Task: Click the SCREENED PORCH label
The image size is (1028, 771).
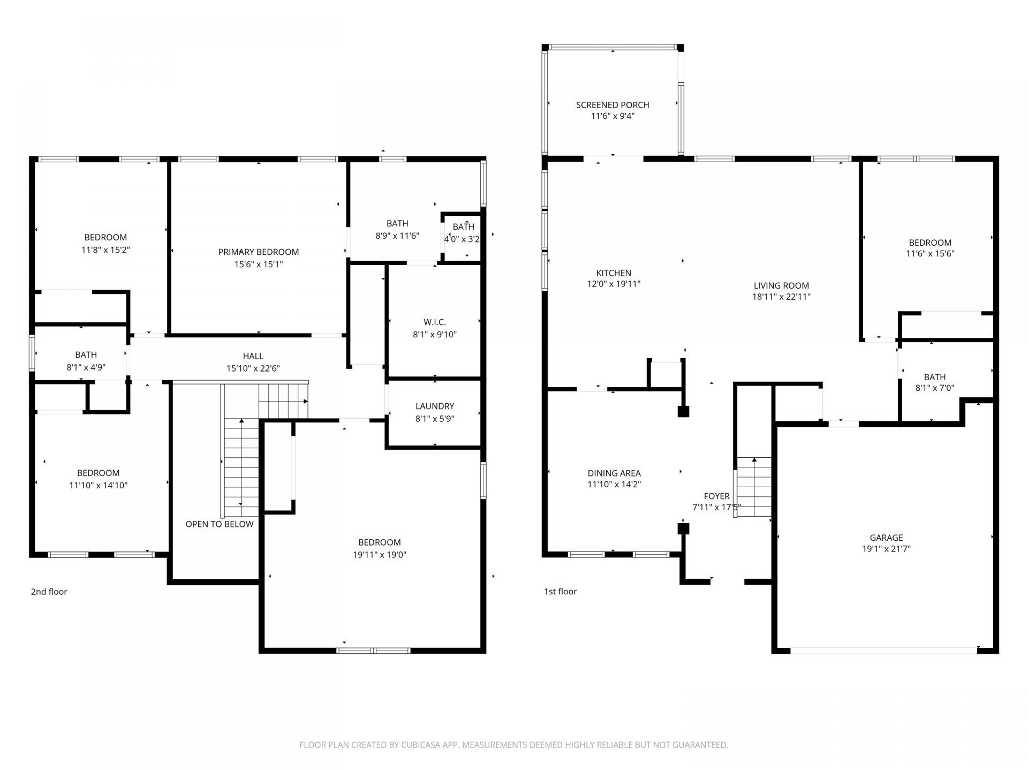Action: point(613,105)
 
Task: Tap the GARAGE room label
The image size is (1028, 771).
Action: point(886,538)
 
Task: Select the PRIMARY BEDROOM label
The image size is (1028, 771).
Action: point(258,252)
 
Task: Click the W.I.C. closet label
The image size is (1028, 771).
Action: point(434,322)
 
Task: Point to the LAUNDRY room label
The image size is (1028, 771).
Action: point(434,406)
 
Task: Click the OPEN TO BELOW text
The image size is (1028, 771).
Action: point(220,524)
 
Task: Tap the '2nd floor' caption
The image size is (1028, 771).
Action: point(49,592)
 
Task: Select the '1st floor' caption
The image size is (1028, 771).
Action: point(560,592)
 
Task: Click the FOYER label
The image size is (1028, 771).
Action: point(716,496)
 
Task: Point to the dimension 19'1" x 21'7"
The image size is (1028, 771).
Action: point(886,549)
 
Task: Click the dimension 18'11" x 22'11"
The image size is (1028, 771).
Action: point(781,297)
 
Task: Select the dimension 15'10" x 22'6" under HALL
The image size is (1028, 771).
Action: point(253,368)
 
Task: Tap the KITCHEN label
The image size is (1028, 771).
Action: point(614,273)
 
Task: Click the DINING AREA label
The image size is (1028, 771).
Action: point(614,473)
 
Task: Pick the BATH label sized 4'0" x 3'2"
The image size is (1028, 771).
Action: point(463,227)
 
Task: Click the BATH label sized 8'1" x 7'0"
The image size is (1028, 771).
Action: point(934,377)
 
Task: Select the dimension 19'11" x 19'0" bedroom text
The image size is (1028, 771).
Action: point(379,555)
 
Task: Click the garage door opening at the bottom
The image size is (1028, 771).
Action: point(883,651)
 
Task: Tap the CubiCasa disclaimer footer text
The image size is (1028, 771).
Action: point(513,745)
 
